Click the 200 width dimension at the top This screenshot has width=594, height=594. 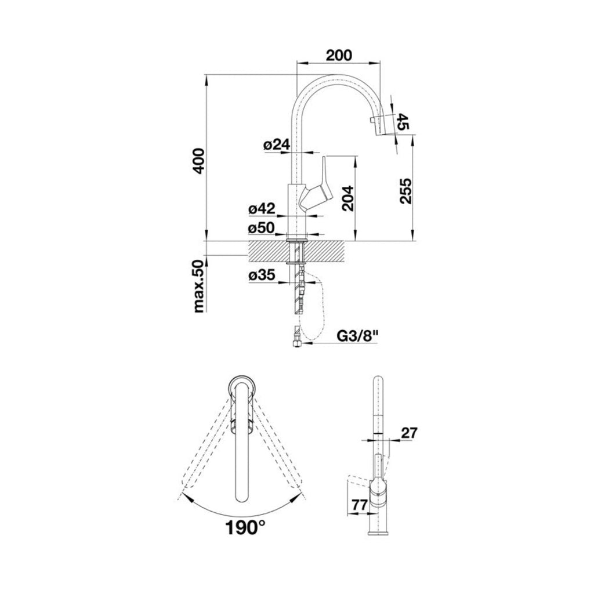point(338,55)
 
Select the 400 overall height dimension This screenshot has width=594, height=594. point(198,161)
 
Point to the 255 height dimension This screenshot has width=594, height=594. point(405,190)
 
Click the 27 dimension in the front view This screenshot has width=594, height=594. point(409,432)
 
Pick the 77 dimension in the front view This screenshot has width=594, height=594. point(360,505)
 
